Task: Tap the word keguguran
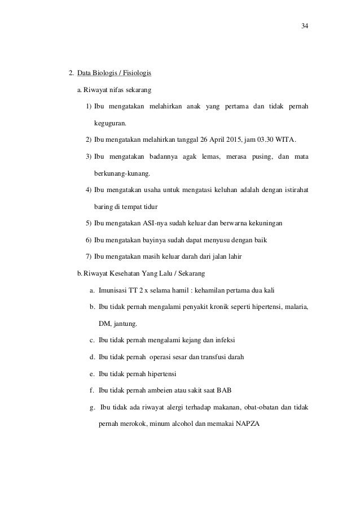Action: (x=111, y=122)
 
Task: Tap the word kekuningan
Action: (x=266, y=224)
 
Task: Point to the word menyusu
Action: (x=218, y=240)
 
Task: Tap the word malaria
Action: (x=296, y=307)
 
